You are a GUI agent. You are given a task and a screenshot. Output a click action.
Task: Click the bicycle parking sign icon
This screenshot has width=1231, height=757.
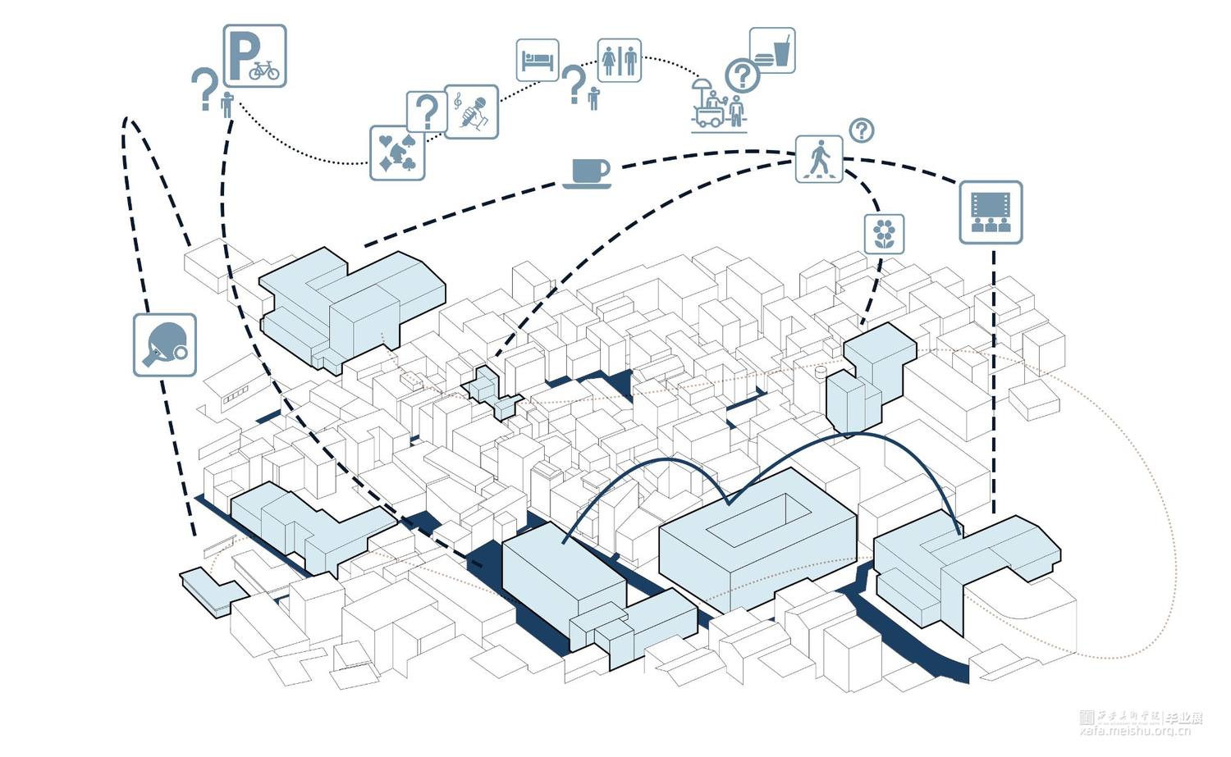(x=254, y=56)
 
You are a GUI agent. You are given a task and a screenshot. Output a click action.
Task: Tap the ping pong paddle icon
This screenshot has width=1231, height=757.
(x=165, y=344)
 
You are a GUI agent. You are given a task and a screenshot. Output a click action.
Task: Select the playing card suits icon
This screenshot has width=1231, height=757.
(x=397, y=153)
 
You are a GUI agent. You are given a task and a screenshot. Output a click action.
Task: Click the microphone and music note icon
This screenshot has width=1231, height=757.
(x=472, y=111)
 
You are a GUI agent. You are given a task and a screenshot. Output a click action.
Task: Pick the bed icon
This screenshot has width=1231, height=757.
(x=538, y=61)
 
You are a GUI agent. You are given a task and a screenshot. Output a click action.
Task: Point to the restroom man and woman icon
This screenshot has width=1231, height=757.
(x=619, y=60)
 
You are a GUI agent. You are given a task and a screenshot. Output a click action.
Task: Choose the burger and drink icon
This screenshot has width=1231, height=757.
(x=772, y=50)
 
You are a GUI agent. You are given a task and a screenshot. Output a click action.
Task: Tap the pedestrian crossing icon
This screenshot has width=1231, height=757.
(x=819, y=158)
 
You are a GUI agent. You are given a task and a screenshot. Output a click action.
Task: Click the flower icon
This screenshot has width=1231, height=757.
(x=884, y=234)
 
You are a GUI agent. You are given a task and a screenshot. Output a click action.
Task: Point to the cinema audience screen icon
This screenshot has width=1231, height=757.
(x=991, y=212)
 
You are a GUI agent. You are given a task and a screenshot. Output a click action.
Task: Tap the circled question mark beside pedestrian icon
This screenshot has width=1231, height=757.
(x=861, y=130)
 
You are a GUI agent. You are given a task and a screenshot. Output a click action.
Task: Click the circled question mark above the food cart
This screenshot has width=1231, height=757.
(x=742, y=76)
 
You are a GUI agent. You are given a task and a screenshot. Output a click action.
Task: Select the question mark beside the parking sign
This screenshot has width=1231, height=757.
(x=204, y=88)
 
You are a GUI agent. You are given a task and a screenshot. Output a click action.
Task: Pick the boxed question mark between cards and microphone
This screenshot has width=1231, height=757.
(x=426, y=111)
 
